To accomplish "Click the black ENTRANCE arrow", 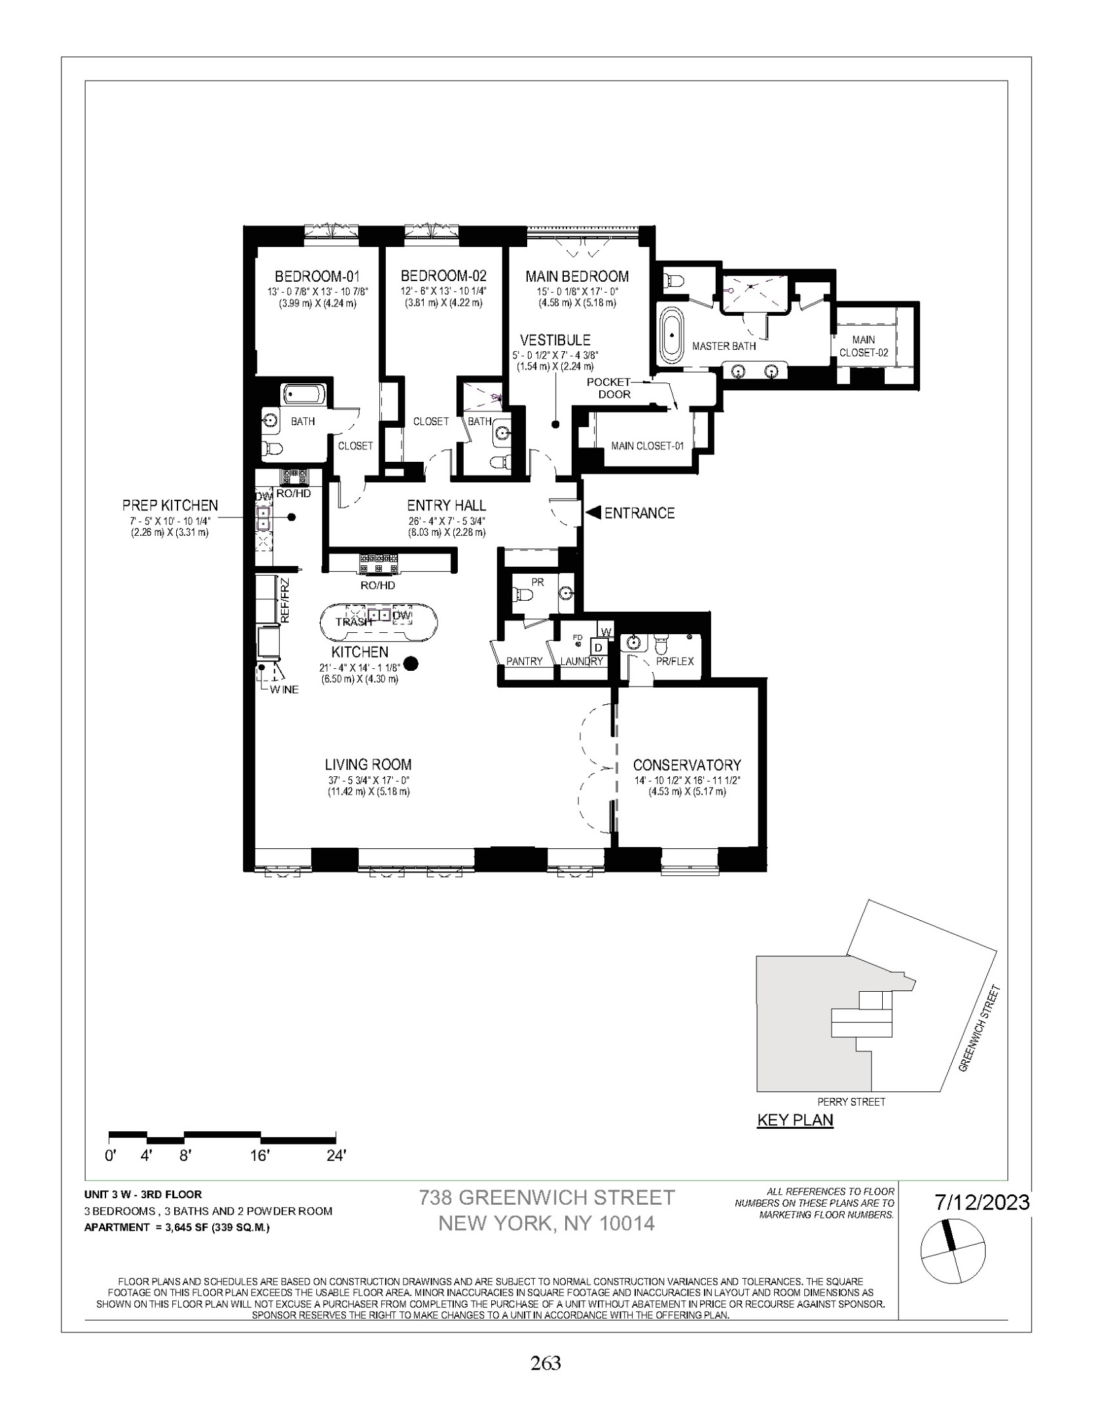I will click(x=593, y=513).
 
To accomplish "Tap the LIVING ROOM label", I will click(x=368, y=764).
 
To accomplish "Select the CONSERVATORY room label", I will click(x=686, y=764).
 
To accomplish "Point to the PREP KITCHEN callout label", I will click(x=170, y=505).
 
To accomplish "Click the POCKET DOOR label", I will click(x=609, y=388).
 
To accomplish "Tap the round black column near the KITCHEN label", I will click(x=411, y=664).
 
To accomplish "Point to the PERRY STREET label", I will click(x=851, y=1102).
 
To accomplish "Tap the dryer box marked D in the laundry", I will click(x=597, y=647).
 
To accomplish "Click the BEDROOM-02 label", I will click(x=443, y=276).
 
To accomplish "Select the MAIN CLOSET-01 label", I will click(x=647, y=446).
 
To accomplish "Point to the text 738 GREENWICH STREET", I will click(x=546, y=1198).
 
